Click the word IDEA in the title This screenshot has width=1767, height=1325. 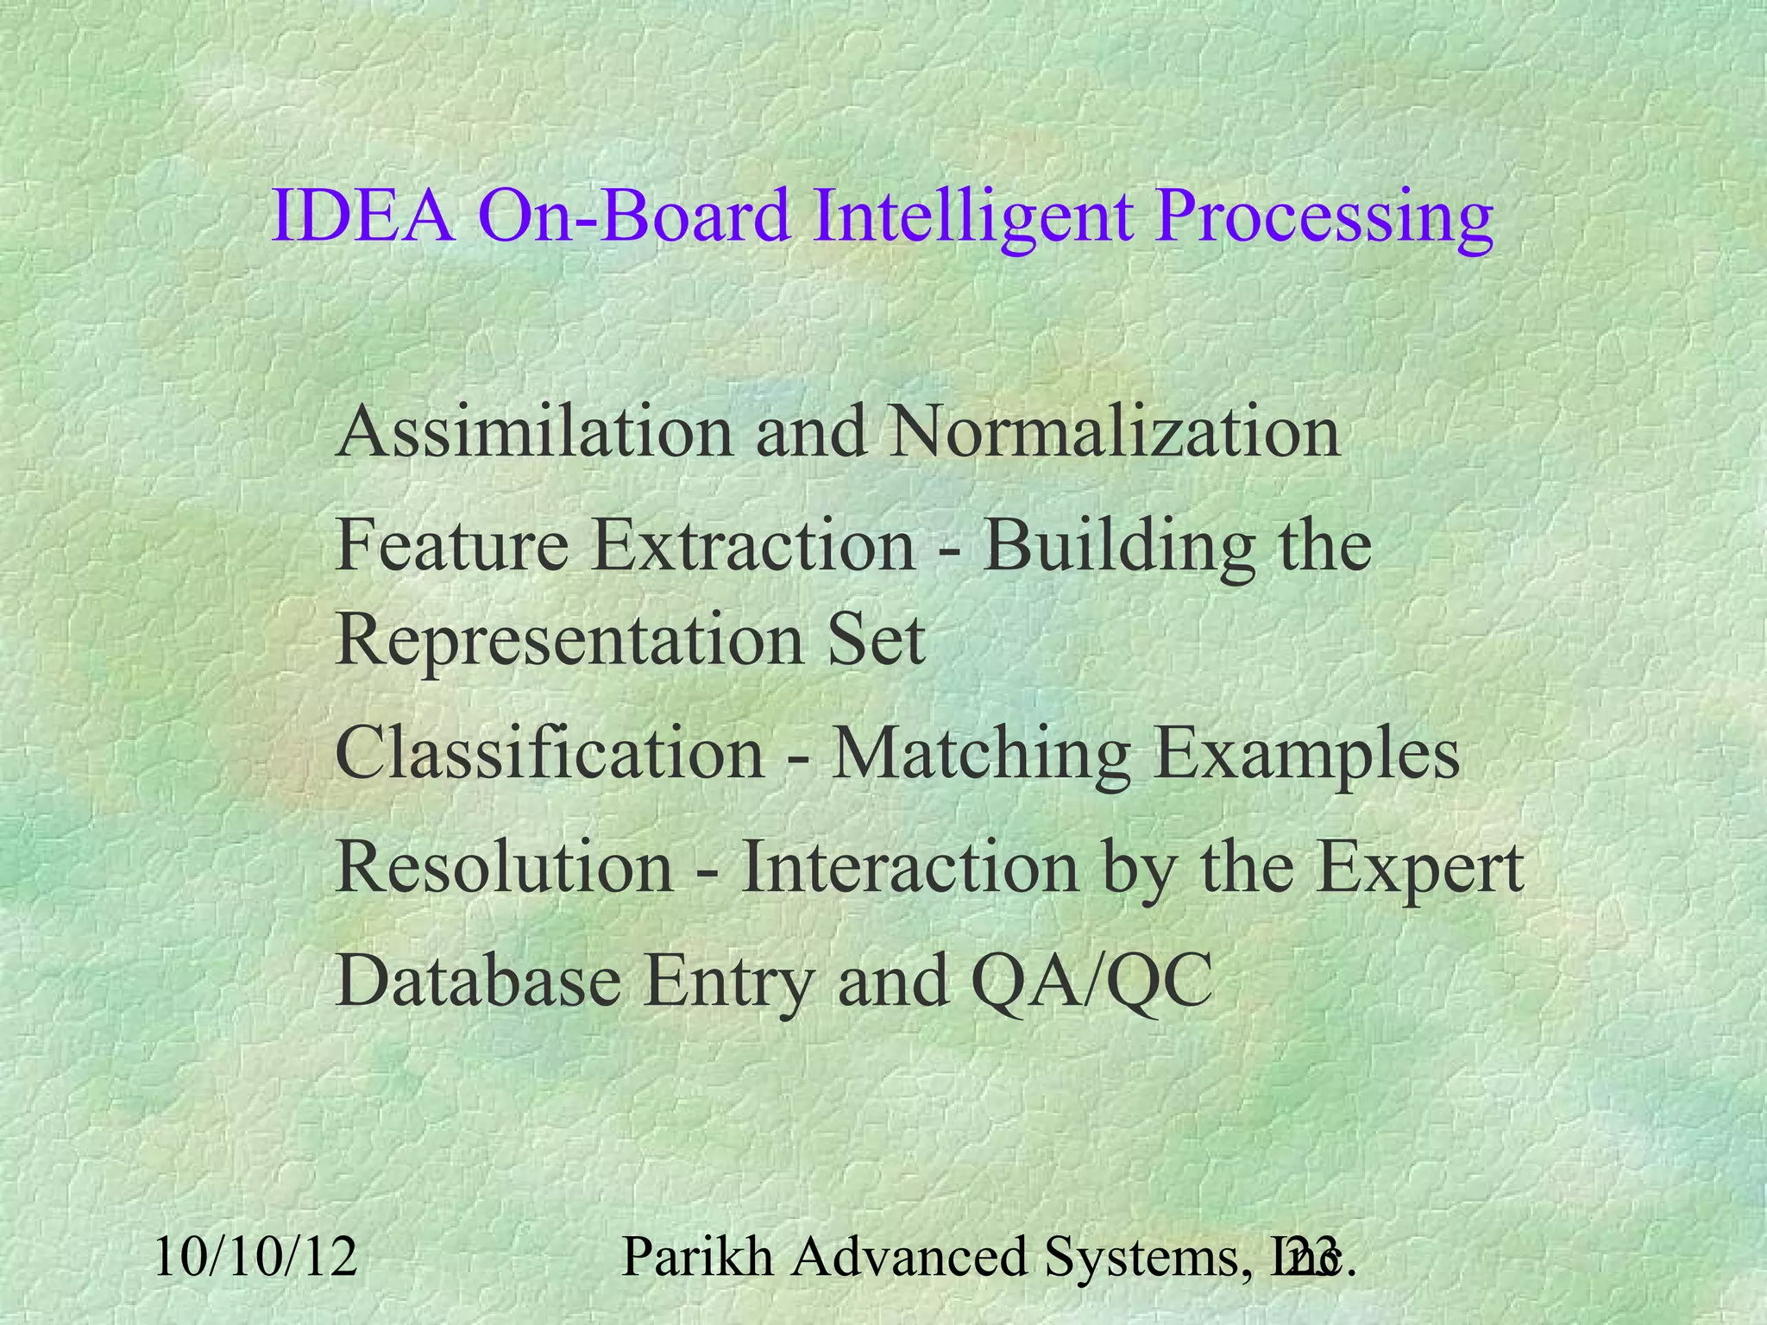pos(363,217)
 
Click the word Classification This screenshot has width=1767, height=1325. pos(550,753)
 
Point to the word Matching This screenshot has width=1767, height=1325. pos(979,753)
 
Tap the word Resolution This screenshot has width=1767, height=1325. pos(504,867)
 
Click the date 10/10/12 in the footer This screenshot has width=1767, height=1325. pos(255,1257)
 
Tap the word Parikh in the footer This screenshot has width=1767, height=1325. pos(697,1257)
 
